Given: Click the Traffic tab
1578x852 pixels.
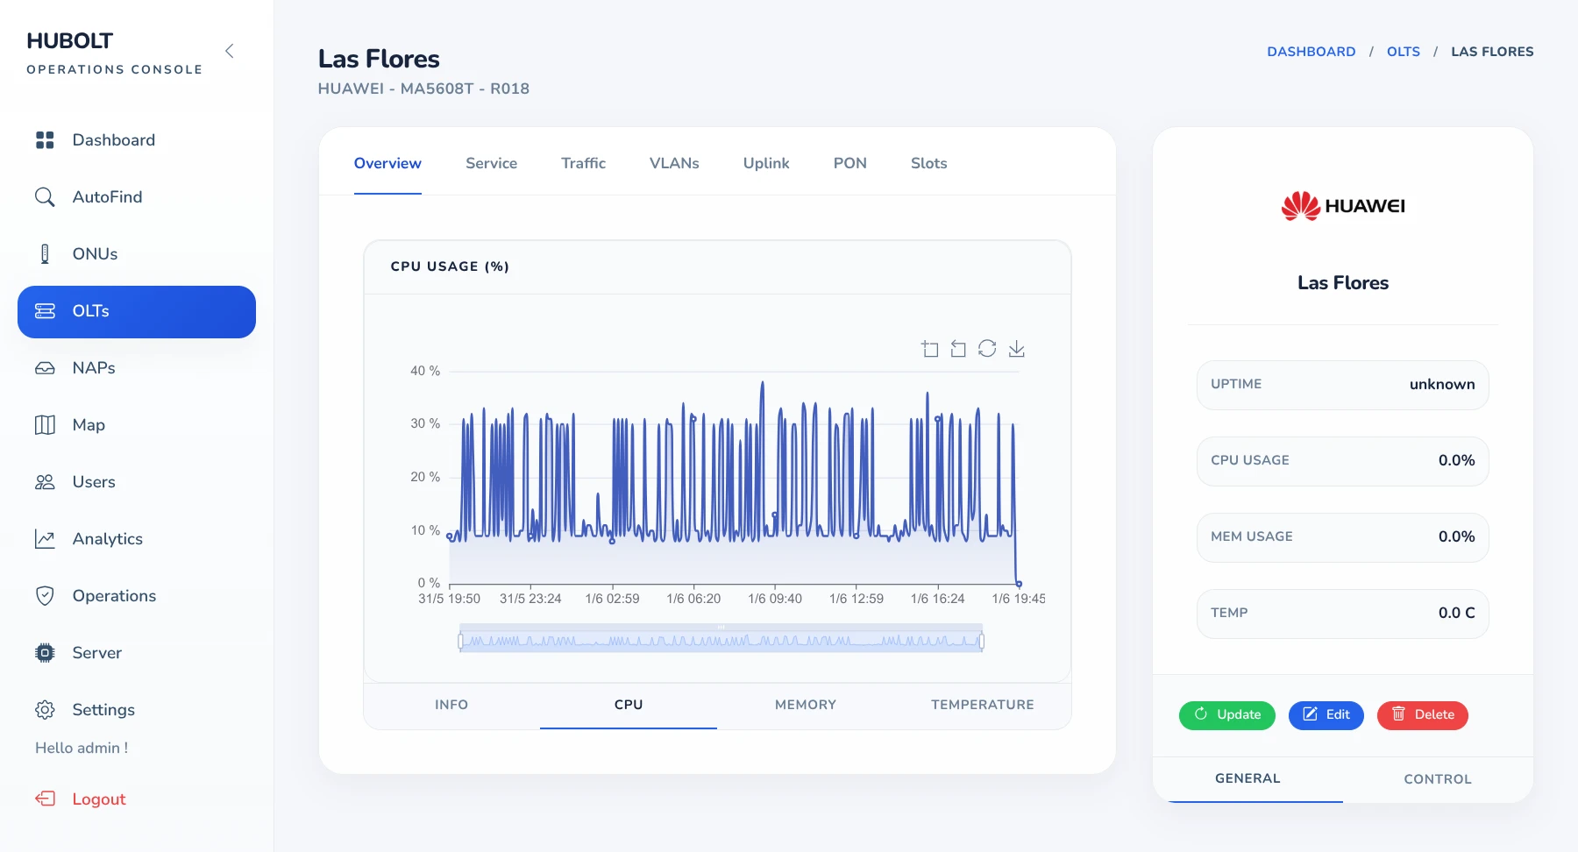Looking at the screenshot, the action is coord(583,163).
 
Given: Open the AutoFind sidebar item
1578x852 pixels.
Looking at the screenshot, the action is coord(107,197).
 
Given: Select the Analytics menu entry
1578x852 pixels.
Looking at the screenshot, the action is coord(107,539).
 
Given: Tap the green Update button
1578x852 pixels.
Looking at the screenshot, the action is coord(1227,714).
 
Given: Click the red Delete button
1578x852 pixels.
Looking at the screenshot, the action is coord(1423,714).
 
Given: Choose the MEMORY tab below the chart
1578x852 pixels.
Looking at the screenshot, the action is coord(806,705).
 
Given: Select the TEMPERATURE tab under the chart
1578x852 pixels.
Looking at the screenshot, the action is coord(983,705).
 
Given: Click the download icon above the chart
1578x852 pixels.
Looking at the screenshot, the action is coord(1017,349).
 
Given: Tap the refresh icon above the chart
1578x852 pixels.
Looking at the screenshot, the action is coord(987,349).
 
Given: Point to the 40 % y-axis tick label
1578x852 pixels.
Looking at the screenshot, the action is coord(425,371).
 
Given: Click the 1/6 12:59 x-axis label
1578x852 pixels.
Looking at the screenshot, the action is coord(857,599).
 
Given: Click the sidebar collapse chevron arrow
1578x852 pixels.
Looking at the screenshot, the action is coord(230,51).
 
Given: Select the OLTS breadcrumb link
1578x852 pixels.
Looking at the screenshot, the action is coord(1404,52).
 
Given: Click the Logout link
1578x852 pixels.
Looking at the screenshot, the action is coord(99,799).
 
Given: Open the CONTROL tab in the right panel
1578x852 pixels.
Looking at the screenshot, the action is coord(1438,779).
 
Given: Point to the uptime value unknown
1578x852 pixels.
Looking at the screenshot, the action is coord(1442,384).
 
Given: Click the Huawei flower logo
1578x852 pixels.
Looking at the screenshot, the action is coord(1301,206).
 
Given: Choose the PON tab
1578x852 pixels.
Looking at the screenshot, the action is coord(849,163).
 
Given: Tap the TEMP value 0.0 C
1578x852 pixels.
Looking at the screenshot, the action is coord(1456,613).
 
